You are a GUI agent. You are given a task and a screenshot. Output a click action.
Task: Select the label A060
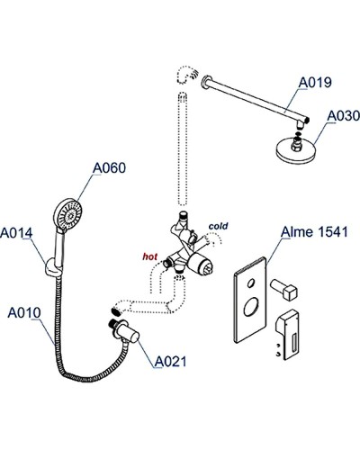click(x=107, y=167)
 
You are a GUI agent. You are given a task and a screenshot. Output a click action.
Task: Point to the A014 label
click(x=17, y=233)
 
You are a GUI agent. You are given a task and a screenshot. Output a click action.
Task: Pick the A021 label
click(x=171, y=362)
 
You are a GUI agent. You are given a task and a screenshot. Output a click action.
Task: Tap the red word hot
click(x=149, y=256)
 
